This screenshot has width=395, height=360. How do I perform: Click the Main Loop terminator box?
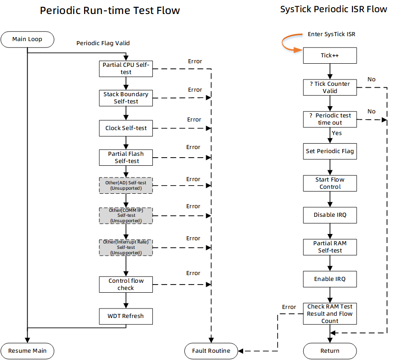pos(28,39)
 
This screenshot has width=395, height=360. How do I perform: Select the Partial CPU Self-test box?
pos(126,69)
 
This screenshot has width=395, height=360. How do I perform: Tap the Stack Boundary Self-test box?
pos(126,98)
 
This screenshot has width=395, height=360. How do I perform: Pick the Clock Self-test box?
pos(126,128)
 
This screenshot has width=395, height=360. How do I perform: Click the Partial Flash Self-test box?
pos(126,157)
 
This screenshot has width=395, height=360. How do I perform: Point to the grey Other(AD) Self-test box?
pos(126,185)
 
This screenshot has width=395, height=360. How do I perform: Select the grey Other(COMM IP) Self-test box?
pos(126,215)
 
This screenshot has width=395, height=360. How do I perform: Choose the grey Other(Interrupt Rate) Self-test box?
pos(126,248)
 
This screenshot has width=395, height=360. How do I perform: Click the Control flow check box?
pos(126,284)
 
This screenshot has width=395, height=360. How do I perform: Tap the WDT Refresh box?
pos(126,316)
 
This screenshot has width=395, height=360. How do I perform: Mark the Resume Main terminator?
pos(28,351)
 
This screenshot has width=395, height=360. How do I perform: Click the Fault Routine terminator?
pos(211,351)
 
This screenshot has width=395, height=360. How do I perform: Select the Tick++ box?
pos(329,56)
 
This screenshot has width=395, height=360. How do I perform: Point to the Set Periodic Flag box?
pos(329,151)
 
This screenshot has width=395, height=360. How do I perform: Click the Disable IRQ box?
pos(329,215)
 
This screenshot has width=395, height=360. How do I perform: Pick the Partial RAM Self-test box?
pos(329,247)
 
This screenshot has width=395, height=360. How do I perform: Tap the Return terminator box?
pos(329,351)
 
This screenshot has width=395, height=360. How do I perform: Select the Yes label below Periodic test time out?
pos(337,133)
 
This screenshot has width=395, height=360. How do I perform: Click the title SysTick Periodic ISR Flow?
pos(334,9)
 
